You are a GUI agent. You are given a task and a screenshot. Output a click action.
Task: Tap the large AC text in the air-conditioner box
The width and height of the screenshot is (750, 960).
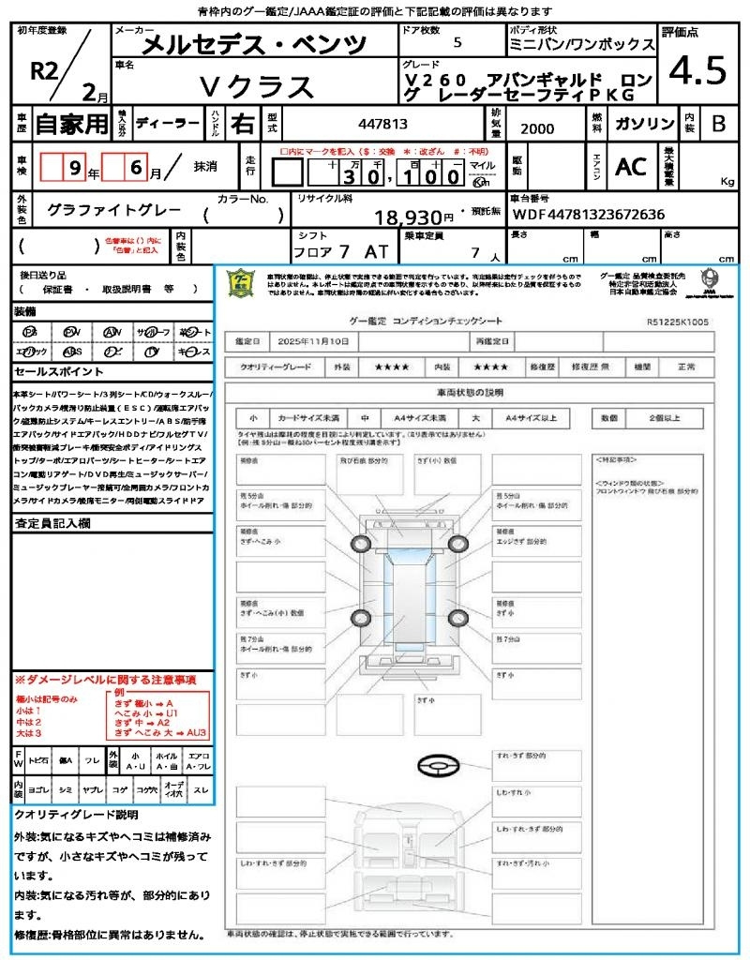point(631,167)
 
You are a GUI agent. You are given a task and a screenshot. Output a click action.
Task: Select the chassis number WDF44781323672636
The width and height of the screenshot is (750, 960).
point(589,215)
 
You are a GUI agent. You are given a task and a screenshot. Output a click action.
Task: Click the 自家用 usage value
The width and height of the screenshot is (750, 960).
point(71,124)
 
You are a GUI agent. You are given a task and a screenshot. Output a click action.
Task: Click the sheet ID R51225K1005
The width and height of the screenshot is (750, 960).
point(677,322)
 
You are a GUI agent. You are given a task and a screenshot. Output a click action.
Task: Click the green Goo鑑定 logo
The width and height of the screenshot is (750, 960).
point(240,283)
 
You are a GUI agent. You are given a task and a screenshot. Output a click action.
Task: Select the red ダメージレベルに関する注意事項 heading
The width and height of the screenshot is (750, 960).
point(105,679)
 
